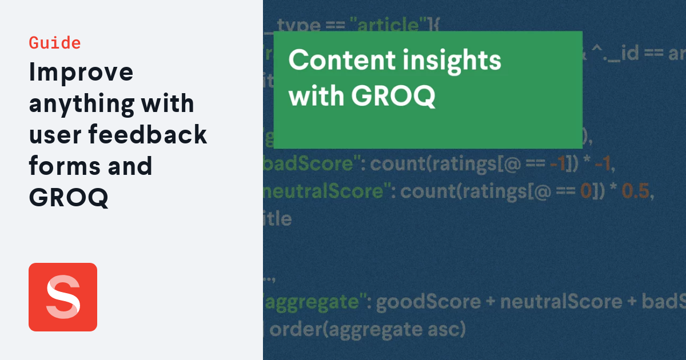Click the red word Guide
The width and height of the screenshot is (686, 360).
point(55,43)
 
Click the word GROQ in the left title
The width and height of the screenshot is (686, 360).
point(69,197)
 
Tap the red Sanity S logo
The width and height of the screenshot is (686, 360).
point(63,297)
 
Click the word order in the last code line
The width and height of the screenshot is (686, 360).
point(292,329)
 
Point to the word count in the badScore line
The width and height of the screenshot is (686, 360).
point(397,165)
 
